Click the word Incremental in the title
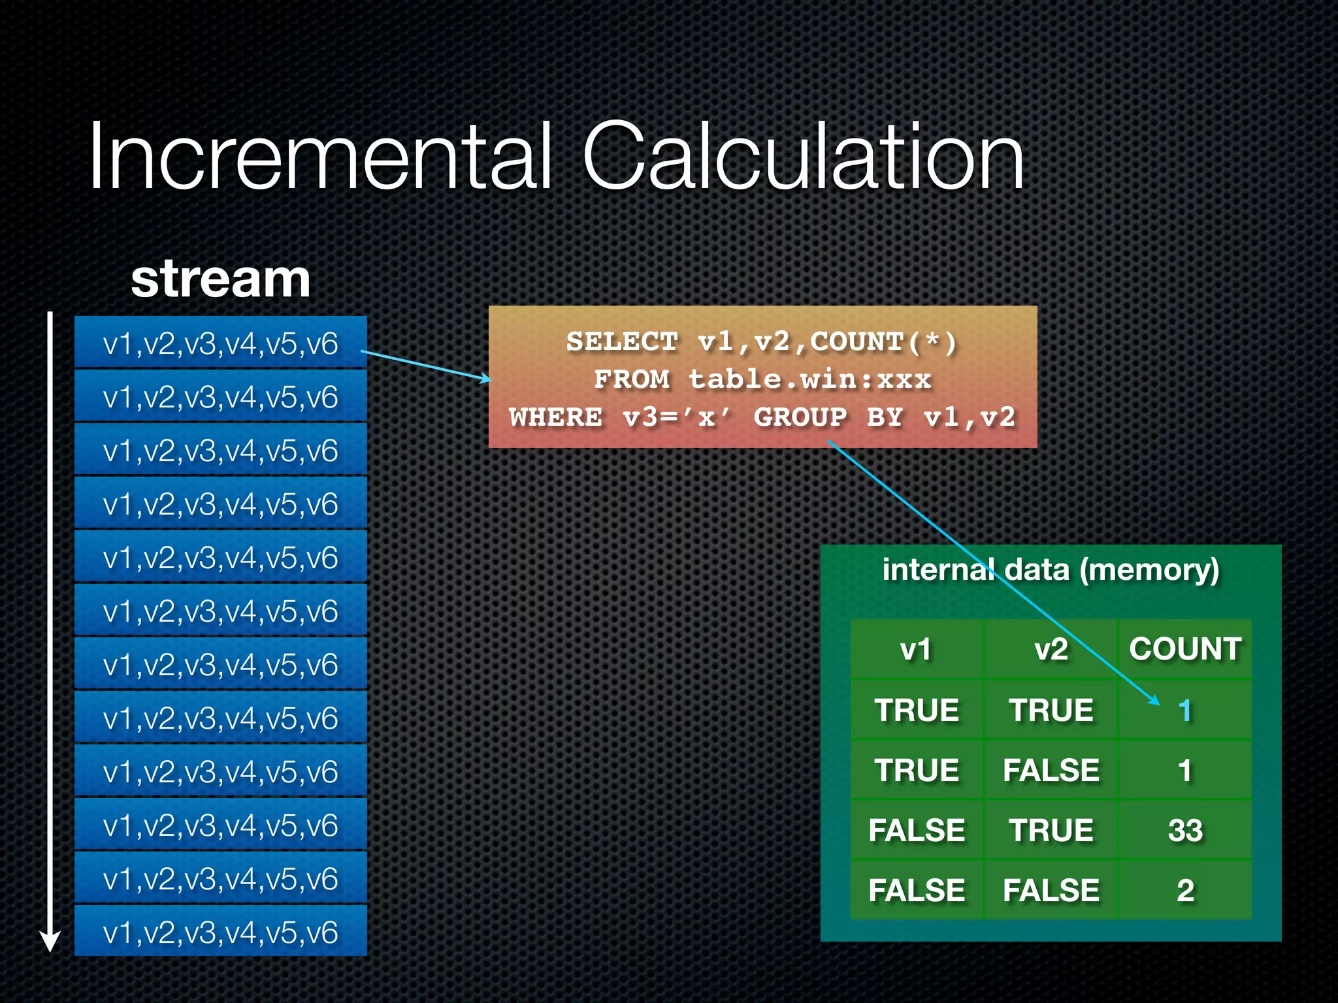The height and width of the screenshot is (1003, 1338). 320,157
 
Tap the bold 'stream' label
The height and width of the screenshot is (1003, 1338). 220,279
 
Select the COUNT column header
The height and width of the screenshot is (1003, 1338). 1185,649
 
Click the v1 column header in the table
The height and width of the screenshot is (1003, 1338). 916,649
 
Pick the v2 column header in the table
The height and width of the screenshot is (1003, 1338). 1051,649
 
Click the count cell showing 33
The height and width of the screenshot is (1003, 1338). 1185,831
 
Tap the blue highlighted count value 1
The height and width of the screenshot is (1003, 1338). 1184,710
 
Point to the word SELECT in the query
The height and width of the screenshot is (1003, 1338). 622,342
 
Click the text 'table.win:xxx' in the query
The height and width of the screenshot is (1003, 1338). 809,379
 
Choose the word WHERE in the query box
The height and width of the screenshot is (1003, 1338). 555,417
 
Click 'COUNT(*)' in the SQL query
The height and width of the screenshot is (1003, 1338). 883,342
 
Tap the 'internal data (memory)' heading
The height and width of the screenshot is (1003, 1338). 1051,569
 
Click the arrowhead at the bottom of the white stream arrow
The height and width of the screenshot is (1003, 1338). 50,942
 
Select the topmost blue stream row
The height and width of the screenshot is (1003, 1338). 221,343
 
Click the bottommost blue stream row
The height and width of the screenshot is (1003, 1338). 221,932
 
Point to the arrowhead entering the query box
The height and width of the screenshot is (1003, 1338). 485,379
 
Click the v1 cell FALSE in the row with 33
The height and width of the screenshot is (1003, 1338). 916,831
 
